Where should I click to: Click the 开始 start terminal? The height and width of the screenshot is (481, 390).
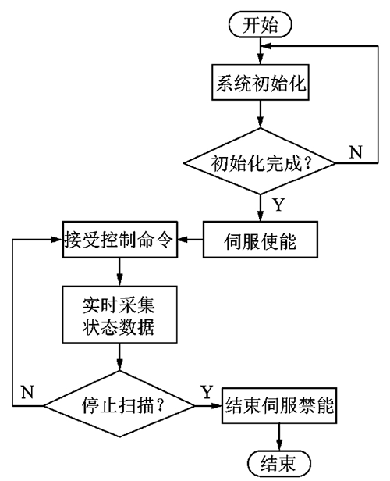click(x=260, y=25)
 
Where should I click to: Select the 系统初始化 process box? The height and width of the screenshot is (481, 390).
click(x=260, y=82)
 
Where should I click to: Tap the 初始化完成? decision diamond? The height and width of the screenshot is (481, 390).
click(x=260, y=162)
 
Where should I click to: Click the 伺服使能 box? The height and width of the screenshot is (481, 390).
click(x=260, y=240)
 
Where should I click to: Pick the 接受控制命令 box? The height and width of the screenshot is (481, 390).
click(x=120, y=240)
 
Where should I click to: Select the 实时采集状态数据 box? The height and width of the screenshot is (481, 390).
click(x=119, y=315)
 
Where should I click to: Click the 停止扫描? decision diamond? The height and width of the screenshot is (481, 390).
click(x=119, y=404)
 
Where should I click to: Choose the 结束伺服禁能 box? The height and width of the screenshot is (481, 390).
click(x=279, y=405)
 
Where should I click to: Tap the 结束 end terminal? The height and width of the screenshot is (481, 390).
click(x=278, y=463)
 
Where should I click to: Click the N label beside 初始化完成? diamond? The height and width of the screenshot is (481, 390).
click(x=356, y=151)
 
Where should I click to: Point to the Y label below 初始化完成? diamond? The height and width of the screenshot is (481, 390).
click(x=278, y=205)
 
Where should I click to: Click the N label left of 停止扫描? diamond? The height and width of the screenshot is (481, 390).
click(x=27, y=392)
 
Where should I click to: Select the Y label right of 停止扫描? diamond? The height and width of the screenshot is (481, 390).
click(x=207, y=392)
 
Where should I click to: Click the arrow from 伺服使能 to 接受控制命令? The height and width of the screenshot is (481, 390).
click(x=190, y=240)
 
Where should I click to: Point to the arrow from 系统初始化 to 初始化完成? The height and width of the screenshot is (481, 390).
click(x=260, y=114)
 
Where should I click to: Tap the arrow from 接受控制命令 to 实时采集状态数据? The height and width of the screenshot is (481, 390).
click(x=119, y=272)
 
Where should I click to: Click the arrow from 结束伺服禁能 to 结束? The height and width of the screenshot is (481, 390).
click(x=279, y=437)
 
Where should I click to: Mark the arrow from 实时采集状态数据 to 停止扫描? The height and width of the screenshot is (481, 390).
click(x=119, y=357)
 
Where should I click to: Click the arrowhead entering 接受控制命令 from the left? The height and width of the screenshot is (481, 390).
click(x=57, y=240)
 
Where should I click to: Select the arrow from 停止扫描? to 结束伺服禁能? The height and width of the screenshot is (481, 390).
click(x=208, y=405)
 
